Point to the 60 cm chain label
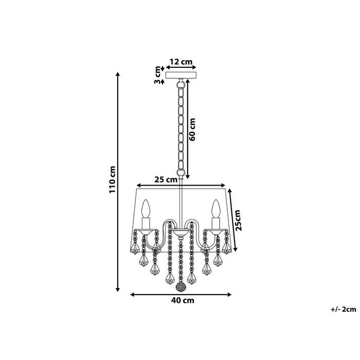[x=193, y=130]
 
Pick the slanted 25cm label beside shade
[x=237, y=220]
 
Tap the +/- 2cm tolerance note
[x=344, y=309]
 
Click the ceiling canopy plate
[x=181, y=74]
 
